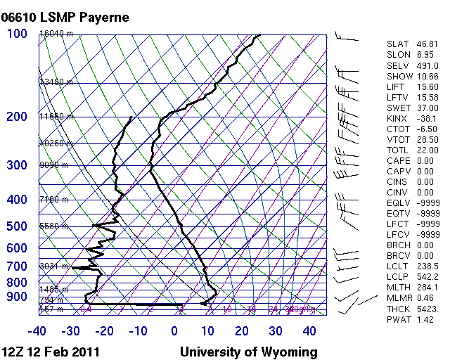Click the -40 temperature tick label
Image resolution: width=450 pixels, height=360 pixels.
pos(37,331)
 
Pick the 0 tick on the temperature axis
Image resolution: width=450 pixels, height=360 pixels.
pos(174,331)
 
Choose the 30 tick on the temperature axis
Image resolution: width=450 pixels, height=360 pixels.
pos(275,331)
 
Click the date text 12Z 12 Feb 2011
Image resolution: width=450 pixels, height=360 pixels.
pos(51,352)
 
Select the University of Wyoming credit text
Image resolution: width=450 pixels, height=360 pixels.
pos(249,352)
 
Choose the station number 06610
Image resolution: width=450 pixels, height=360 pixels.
pos(20,17)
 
